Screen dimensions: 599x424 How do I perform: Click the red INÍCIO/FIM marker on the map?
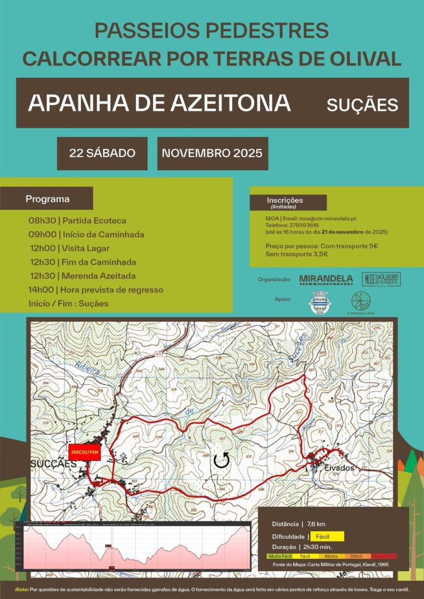[84, 452]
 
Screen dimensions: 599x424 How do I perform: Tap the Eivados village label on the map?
[339, 468]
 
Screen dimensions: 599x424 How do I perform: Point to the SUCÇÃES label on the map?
[53, 464]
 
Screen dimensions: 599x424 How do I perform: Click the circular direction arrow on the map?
[222, 461]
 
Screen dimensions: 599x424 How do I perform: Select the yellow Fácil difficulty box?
[327, 536]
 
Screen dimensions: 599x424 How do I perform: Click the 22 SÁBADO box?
[102, 153]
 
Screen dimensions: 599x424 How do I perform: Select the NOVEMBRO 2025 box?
[212, 153]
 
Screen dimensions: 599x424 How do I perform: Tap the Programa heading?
[47, 199]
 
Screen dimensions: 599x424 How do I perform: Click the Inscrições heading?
[285, 201]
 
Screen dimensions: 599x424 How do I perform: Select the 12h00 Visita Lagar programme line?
[70, 248]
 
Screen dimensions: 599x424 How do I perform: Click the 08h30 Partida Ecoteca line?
[77, 221]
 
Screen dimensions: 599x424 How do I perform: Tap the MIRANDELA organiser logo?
[326, 279]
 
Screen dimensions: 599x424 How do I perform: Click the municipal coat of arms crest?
[319, 302]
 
